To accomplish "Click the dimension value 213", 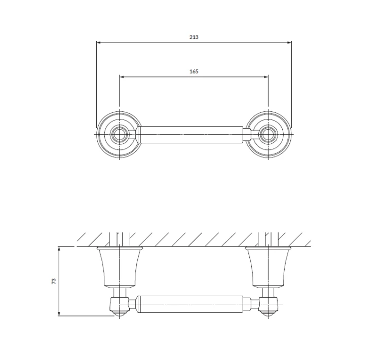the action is click(x=194, y=37).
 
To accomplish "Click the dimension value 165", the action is click(x=194, y=71).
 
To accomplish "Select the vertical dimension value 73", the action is click(x=54, y=281).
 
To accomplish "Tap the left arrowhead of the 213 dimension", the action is click(x=99, y=43).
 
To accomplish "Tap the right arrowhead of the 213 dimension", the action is click(x=289, y=43).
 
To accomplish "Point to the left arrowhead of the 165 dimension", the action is click(x=122, y=77).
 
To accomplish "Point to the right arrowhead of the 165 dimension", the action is click(x=266, y=77).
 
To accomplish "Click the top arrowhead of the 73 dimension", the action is click(x=59, y=249).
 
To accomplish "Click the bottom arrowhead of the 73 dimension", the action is click(x=59, y=313).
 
